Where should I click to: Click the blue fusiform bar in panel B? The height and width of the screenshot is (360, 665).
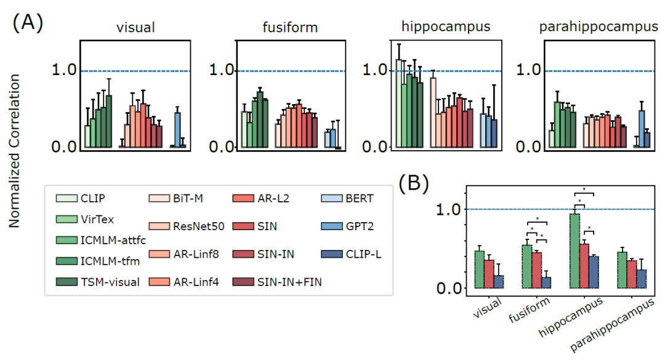click(x=546, y=282)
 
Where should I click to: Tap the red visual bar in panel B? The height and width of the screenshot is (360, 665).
click(x=489, y=273)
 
